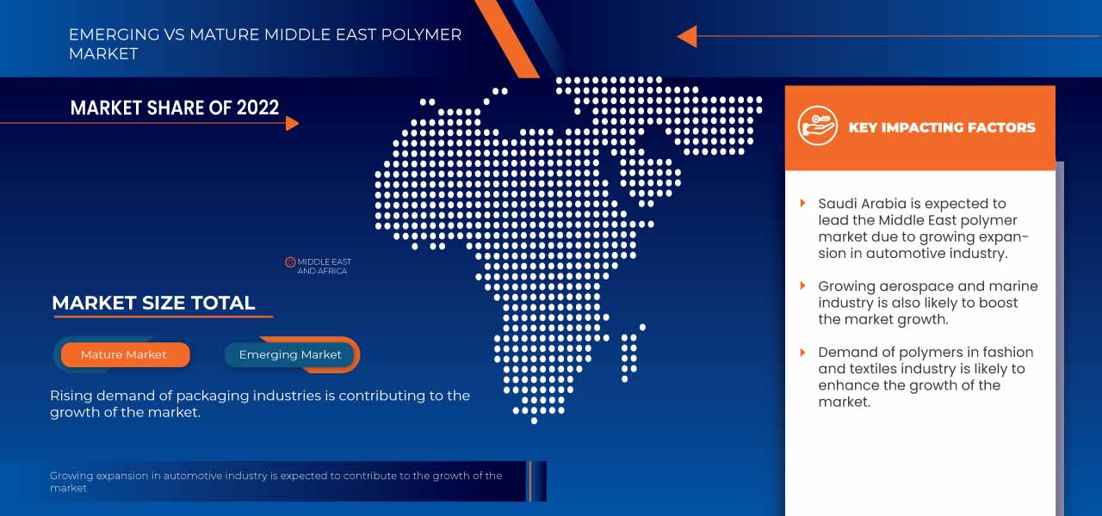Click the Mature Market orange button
coord(124,354)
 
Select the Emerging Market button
coord(290,354)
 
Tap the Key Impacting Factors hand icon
coord(817,126)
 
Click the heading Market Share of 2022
coord(175,107)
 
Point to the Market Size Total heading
coord(153,303)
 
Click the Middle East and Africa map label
coord(324,267)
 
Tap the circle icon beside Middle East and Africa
coord(290,262)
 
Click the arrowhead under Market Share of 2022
coord(292,123)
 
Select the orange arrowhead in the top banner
coord(686,36)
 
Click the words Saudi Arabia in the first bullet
coord(862,204)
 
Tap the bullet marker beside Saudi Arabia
coord(803,203)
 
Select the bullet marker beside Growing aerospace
coord(803,286)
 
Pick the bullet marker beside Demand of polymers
coord(803,352)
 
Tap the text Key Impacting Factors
coord(942,127)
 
